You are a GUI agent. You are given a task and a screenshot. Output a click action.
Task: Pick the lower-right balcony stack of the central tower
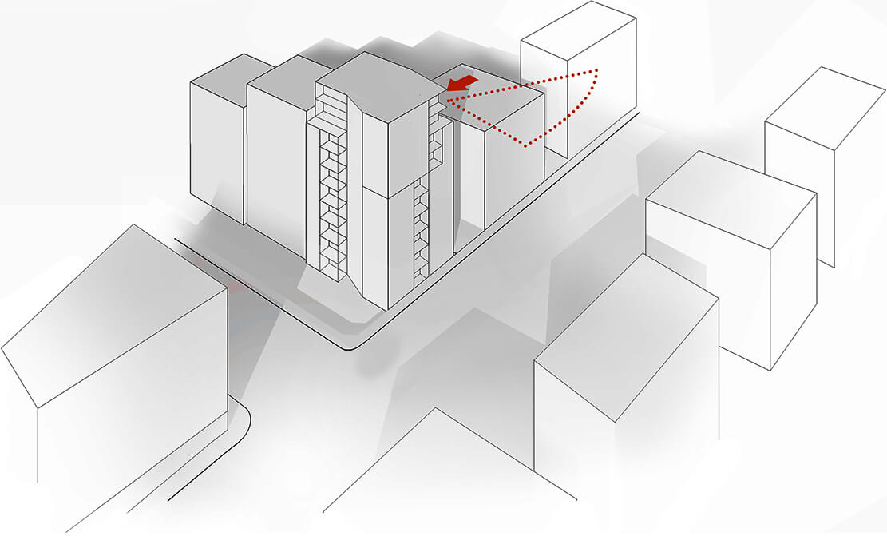(x=421, y=232)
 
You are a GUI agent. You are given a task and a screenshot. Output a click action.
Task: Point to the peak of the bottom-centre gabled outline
(x=435, y=409)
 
